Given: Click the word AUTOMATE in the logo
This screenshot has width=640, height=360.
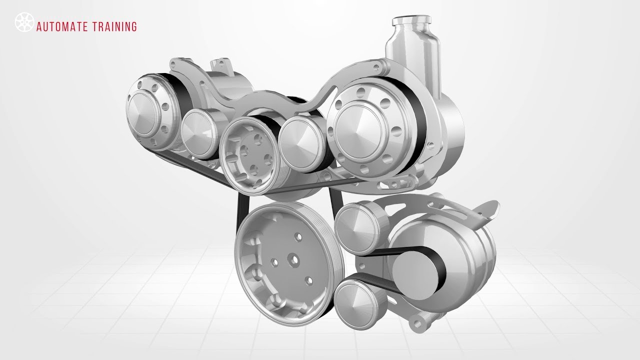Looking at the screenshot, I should pos(62,27).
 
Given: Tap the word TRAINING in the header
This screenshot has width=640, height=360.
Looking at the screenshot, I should pos(114,27).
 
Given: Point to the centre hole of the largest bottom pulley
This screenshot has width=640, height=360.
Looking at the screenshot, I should pos(291,260).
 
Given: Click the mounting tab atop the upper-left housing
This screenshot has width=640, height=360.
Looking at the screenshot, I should pos(218,65).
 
